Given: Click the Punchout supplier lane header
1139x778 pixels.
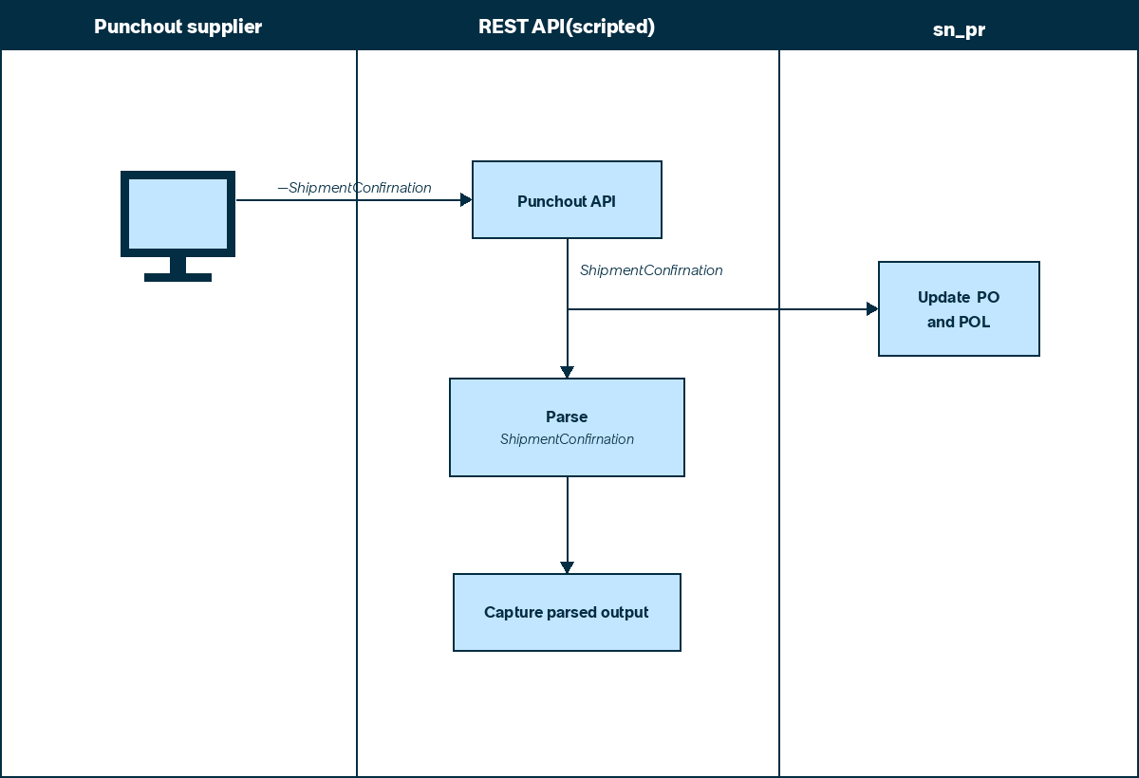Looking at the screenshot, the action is pyautogui.click(x=178, y=27).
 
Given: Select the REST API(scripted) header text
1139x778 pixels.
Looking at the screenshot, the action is pyautogui.click(x=567, y=27).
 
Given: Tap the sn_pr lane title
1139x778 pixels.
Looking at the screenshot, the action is pyautogui.click(x=959, y=29).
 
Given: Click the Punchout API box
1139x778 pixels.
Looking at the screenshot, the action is pyautogui.click(x=567, y=199).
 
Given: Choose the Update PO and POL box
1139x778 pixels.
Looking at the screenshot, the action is pyautogui.click(x=959, y=309).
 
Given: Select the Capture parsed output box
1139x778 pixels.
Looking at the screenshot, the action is pyautogui.click(x=567, y=612).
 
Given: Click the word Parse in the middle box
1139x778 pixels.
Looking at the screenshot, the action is pyautogui.click(x=567, y=417).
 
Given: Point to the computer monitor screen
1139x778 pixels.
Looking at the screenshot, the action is pyautogui.click(x=178, y=213).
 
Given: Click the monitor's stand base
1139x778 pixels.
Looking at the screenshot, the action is pyautogui.click(x=178, y=277).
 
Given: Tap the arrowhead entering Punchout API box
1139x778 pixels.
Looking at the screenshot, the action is pyautogui.click(x=466, y=199).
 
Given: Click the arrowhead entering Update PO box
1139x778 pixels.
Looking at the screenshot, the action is pyautogui.click(x=872, y=309).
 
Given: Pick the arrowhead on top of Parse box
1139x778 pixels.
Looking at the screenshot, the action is pyautogui.click(x=567, y=372).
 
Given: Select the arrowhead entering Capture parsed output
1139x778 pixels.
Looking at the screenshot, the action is pyautogui.click(x=567, y=567).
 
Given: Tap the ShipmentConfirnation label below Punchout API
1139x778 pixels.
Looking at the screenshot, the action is pyautogui.click(x=651, y=269).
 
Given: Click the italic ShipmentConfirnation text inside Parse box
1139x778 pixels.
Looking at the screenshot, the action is pyautogui.click(x=567, y=439).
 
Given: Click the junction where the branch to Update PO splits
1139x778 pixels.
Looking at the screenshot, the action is pyautogui.click(x=568, y=309).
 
